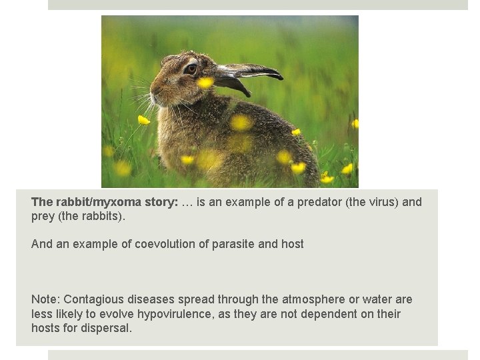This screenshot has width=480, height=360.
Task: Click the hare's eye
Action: point(191,68)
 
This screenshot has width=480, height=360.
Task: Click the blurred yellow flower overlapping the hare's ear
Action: point(205,82)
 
